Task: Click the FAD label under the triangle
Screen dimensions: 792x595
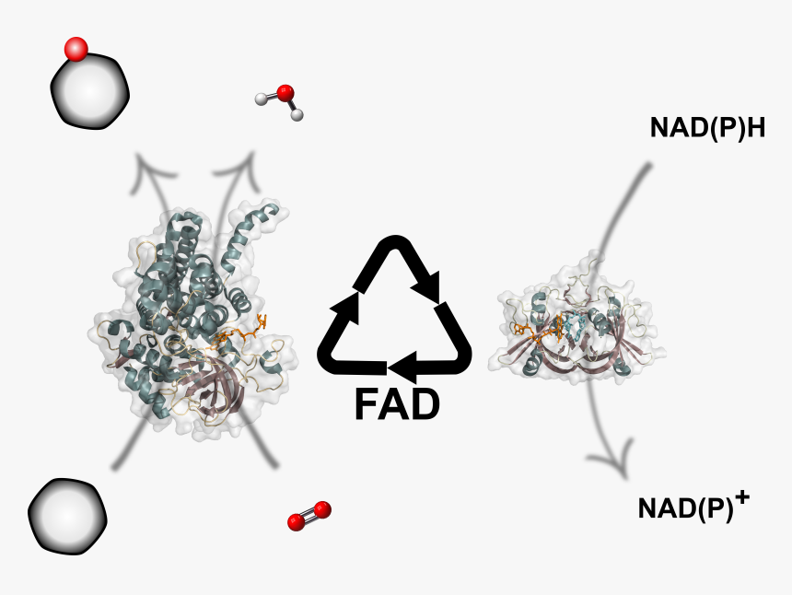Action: [x=397, y=404]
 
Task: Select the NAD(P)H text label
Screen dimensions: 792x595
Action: [x=707, y=127]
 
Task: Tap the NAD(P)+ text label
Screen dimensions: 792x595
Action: [x=693, y=507]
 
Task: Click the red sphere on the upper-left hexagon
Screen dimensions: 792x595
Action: [x=76, y=49]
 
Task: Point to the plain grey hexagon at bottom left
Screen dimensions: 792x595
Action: [x=67, y=516]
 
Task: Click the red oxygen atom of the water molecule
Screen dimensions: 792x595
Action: [x=285, y=92]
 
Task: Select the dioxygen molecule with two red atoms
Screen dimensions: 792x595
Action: [x=309, y=516]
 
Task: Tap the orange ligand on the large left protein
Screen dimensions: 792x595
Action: [x=241, y=333]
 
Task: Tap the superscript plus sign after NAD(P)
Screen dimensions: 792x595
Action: [x=742, y=498]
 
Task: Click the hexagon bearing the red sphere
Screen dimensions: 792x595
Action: [x=90, y=91]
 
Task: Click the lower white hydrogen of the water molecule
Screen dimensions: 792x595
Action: [x=297, y=115]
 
